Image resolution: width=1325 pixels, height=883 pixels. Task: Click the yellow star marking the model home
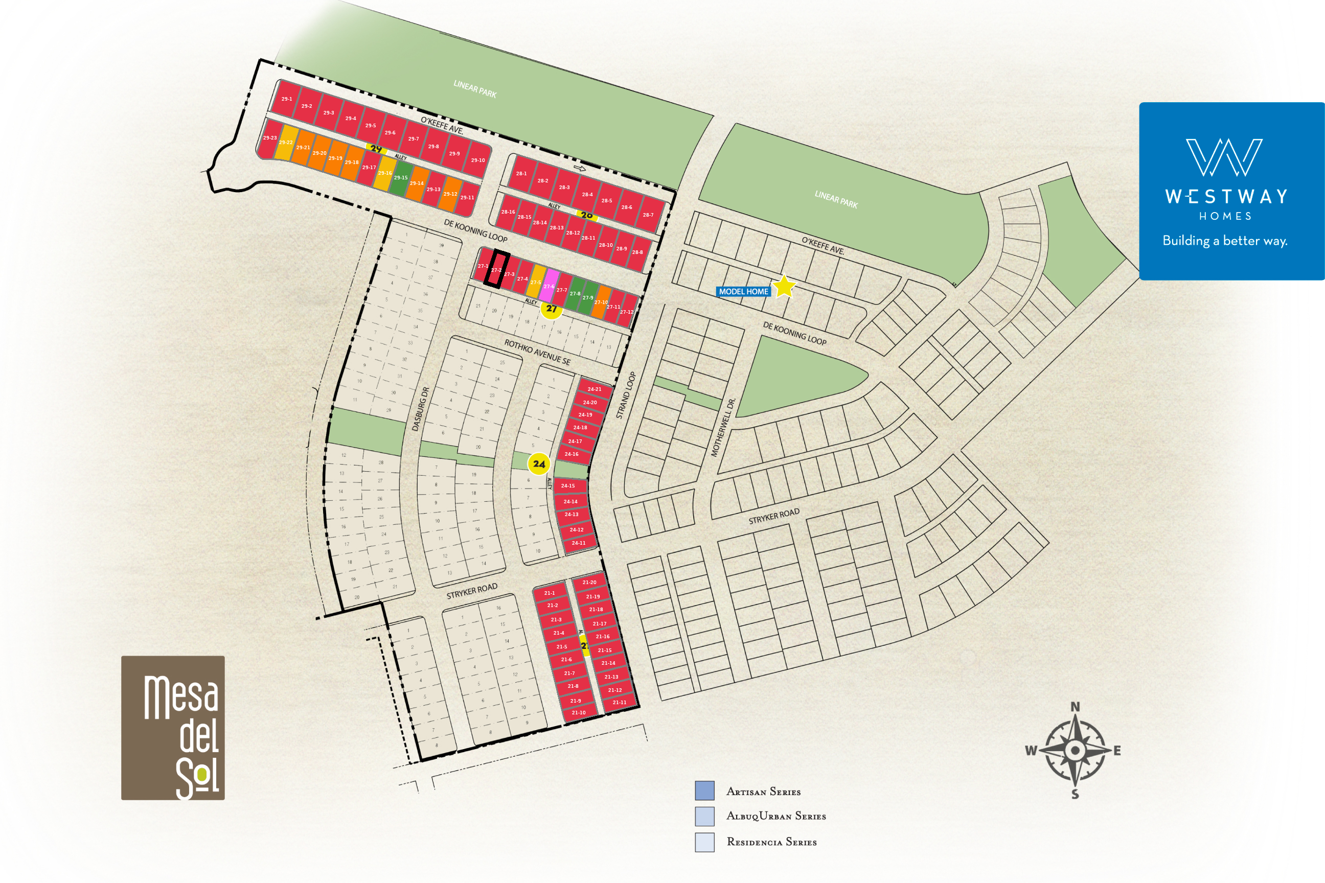[x=784, y=287]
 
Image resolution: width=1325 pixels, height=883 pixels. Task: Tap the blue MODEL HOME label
[x=743, y=292]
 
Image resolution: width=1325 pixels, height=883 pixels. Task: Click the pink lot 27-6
[x=549, y=286]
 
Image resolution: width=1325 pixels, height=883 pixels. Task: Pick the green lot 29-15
[x=401, y=177]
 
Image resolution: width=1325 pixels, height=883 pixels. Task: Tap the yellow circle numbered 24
[x=539, y=464]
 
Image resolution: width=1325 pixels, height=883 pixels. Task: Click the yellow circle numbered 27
[x=552, y=309]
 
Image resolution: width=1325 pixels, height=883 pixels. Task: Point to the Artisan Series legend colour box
[x=705, y=791]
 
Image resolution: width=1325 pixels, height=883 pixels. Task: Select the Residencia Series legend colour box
[x=705, y=842]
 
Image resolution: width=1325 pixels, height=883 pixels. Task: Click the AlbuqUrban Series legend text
[x=776, y=816]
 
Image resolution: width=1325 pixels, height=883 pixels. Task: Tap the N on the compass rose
[x=1075, y=707]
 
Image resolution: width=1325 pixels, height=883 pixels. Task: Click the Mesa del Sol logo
[x=173, y=728]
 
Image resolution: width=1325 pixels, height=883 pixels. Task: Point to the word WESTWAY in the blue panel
[x=1226, y=197]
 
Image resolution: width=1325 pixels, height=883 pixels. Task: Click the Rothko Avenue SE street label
[x=537, y=352]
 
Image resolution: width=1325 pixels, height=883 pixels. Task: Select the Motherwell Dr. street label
[x=723, y=427]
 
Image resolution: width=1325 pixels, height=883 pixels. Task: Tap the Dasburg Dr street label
[x=420, y=409]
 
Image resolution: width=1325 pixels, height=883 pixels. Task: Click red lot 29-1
[x=287, y=99]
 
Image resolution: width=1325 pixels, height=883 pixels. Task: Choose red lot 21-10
[x=578, y=712]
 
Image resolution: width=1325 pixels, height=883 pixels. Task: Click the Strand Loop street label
[x=625, y=396]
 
